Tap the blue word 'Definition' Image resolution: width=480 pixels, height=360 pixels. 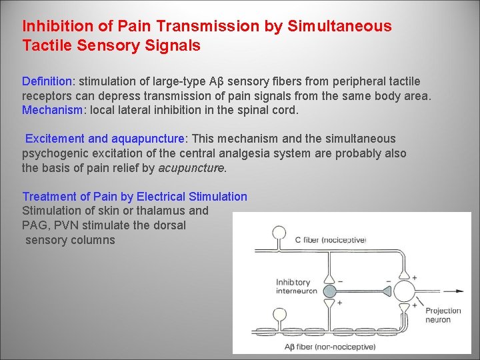click(47, 81)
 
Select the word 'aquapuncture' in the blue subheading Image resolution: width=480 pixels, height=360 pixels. click(148, 139)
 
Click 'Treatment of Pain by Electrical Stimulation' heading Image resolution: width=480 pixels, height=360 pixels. click(135, 197)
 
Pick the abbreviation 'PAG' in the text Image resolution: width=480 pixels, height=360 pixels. click(34, 225)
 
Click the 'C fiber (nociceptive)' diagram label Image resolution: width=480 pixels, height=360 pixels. click(331, 240)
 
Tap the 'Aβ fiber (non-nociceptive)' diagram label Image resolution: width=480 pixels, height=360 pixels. click(330, 347)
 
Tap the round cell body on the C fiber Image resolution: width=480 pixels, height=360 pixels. click(278, 233)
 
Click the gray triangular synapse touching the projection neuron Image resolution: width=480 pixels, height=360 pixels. click(387, 291)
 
